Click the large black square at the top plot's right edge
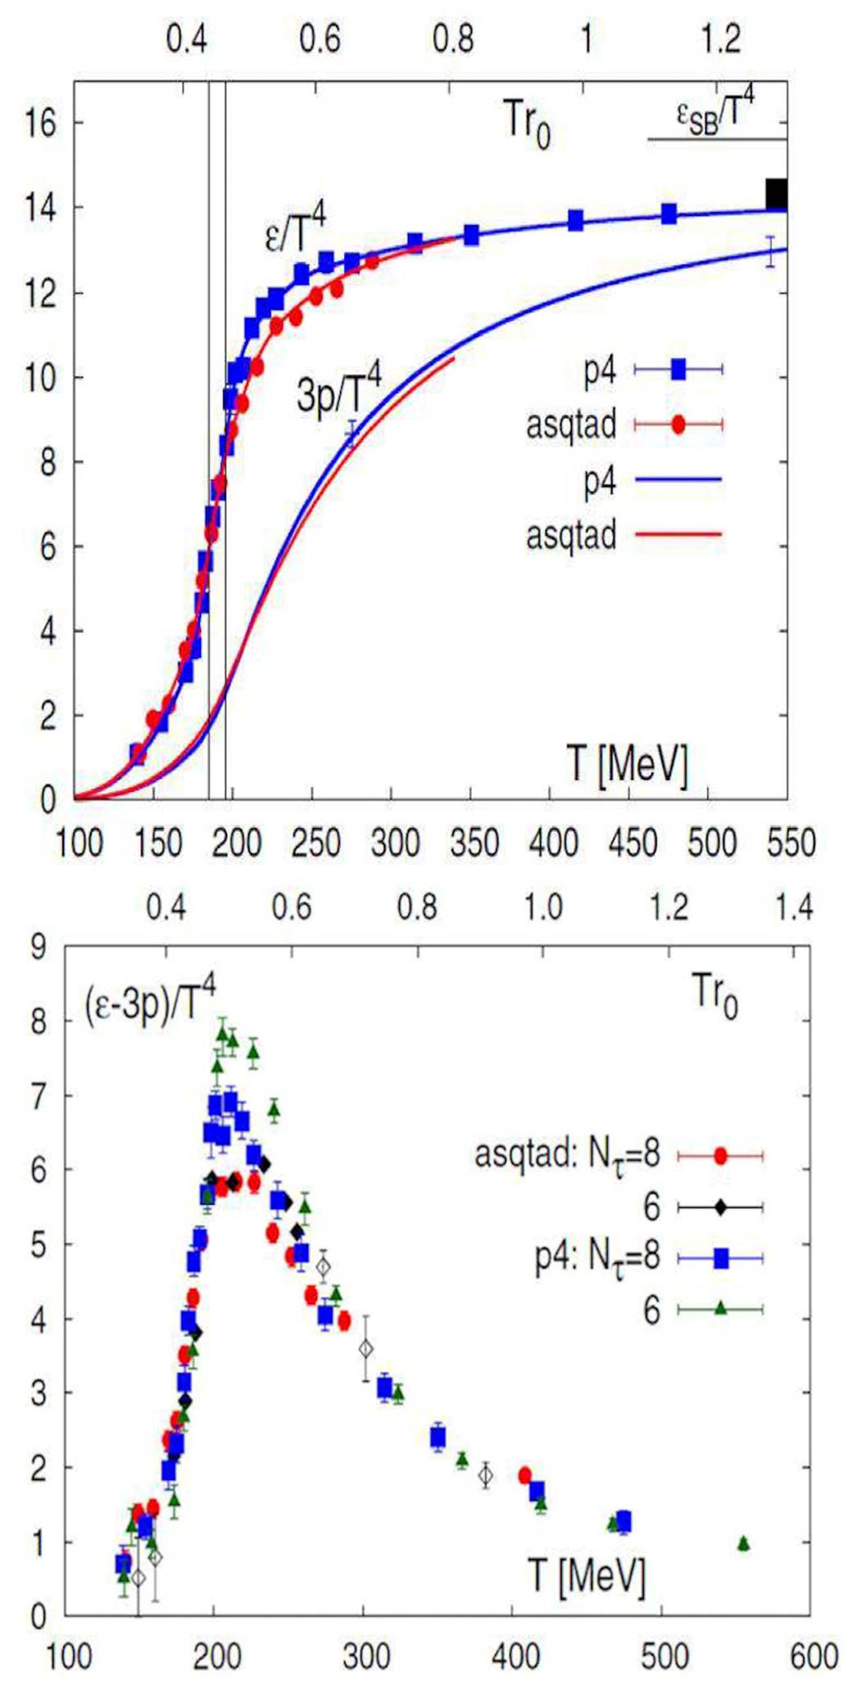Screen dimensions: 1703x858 click(775, 195)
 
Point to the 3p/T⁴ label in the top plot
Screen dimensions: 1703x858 click(338, 391)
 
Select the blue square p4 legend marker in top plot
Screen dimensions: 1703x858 click(679, 370)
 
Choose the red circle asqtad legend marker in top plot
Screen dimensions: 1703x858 click(679, 424)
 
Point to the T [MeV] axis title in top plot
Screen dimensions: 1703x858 click(627, 764)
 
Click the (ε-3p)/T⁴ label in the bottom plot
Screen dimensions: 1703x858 click(150, 1000)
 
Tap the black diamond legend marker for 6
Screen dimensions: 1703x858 click(720, 1207)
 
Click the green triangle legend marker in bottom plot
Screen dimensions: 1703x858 click(720, 1309)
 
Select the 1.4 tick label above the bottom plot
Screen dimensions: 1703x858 click(793, 907)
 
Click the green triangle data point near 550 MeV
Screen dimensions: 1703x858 click(743, 1543)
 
